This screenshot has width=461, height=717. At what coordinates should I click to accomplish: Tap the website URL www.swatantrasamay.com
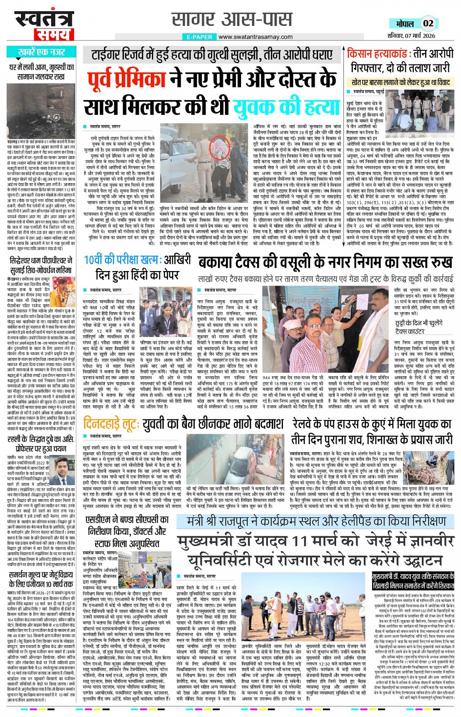point(255,37)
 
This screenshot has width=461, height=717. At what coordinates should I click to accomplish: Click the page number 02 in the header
point(428,23)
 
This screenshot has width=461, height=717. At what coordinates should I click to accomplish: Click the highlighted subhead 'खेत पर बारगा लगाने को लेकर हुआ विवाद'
point(401,83)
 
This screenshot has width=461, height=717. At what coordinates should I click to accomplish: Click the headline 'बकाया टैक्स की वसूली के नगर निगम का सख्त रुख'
point(325,263)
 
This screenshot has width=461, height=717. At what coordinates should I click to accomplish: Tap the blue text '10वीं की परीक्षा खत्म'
point(115,260)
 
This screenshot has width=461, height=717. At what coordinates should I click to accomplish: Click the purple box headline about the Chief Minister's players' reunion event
point(413,581)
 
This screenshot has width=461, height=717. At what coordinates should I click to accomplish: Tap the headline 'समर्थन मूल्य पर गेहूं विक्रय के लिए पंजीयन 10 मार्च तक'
point(41,580)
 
